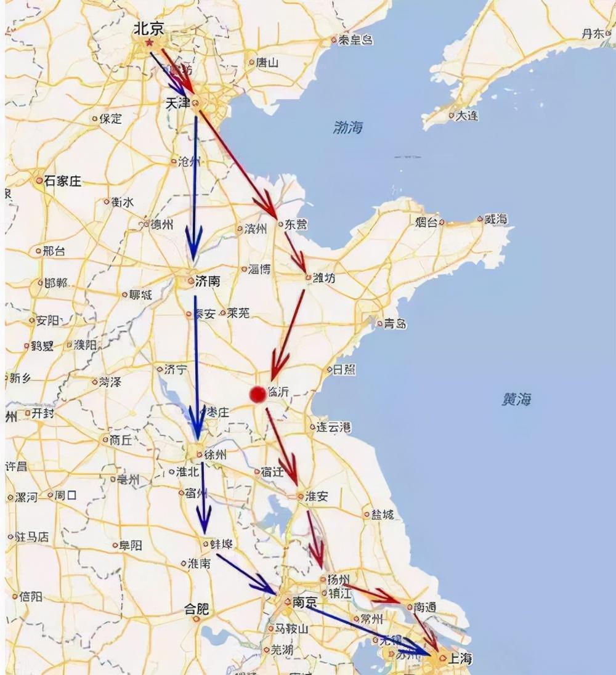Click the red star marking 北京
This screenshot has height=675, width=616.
[149, 42]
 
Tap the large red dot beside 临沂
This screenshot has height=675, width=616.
[257, 394]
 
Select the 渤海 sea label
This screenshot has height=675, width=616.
[348, 127]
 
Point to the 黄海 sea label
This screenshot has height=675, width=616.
[516, 399]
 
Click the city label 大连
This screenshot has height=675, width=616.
[466, 115]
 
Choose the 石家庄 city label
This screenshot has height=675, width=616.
[62, 181]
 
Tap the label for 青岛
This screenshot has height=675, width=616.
[395, 323]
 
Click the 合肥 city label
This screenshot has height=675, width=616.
[197, 610]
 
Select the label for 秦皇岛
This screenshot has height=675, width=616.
[356, 40]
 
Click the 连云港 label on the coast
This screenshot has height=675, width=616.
[333, 426]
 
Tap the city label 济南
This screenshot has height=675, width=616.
[207, 281]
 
